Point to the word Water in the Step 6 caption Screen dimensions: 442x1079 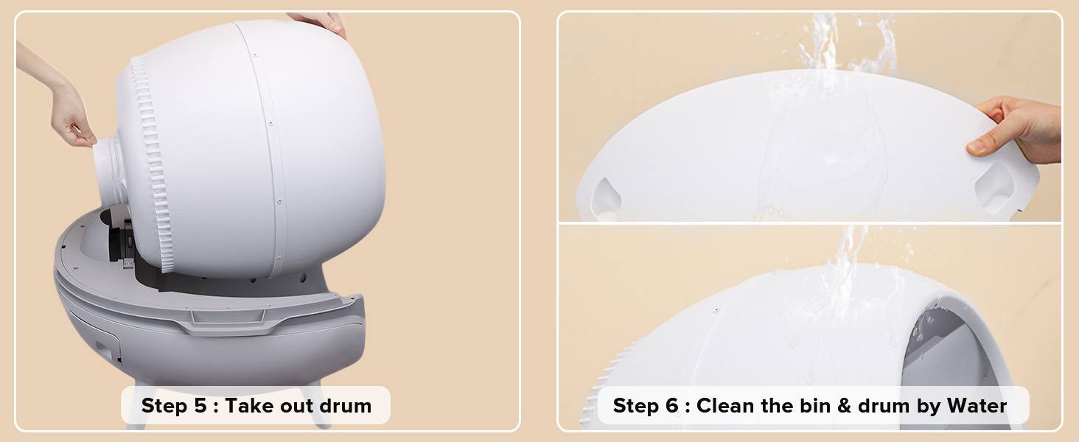tap(977, 406)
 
